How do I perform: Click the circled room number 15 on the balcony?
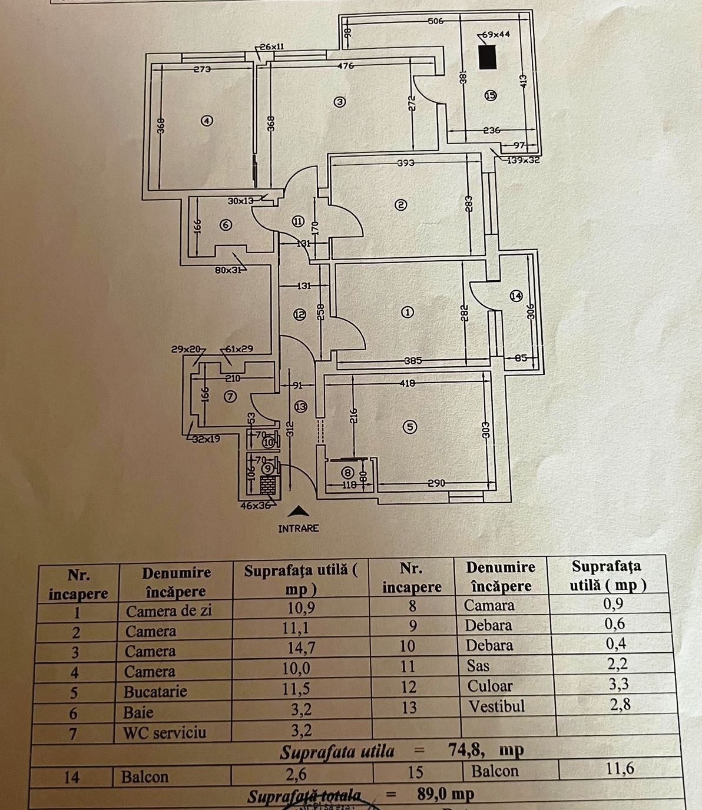point(491,95)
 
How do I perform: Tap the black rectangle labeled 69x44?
point(487,57)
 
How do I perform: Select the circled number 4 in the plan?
point(206,121)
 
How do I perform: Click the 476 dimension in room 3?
point(346,66)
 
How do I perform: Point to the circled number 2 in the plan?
point(400,205)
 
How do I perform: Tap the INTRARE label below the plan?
point(299,529)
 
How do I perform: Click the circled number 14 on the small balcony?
point(516,296)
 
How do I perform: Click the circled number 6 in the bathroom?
point(226,224)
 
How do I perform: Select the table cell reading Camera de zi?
point(168,611)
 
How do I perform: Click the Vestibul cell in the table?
point(496,706)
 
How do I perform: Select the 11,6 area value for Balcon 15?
point(620,768)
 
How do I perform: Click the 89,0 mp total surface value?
point(445,794)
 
